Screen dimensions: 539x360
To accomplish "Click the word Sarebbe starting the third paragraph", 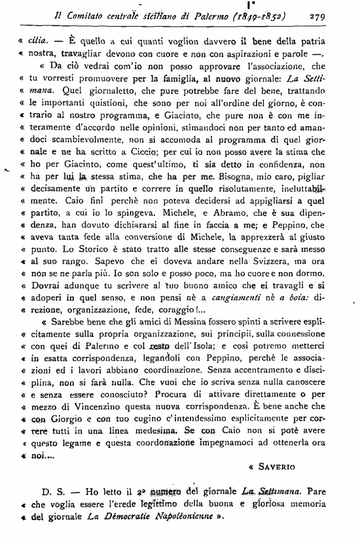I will [x=74, y=323].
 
